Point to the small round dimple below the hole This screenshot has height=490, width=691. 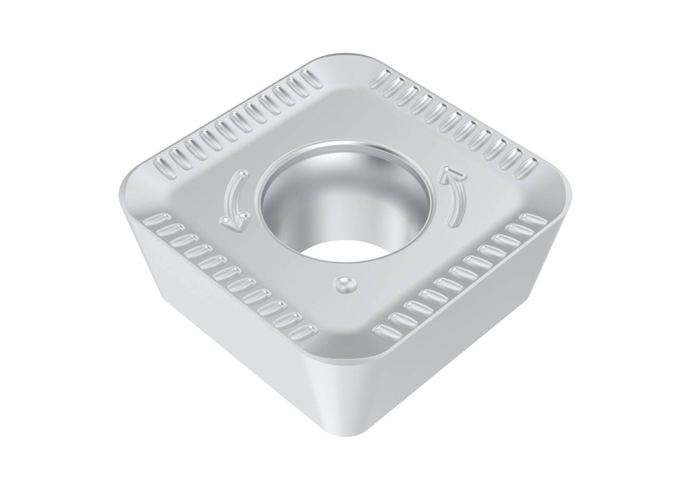point(345,284)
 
